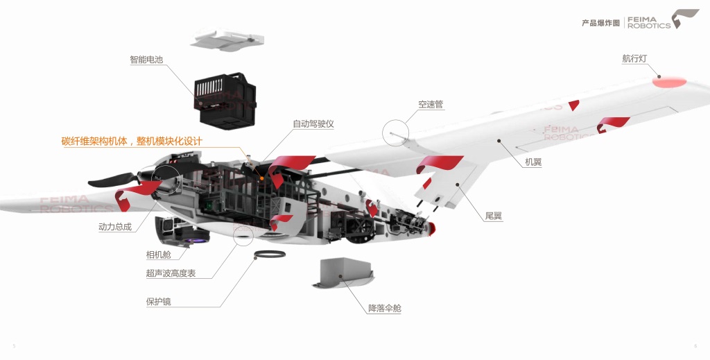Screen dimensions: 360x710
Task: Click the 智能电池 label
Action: click(146, 60)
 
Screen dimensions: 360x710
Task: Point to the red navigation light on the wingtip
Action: click(668, 82)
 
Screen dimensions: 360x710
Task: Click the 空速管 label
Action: click(431, 105)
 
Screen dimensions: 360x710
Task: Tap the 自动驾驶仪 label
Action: click(313, 124)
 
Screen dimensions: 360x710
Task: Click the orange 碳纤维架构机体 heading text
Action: click(132, 142)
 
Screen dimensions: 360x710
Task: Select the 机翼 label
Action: click(533, 162)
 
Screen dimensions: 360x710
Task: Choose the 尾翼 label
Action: click(494, 216)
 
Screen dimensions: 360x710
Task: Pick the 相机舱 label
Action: click(158, 255)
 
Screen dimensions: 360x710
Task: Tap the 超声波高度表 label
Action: click(171, 273)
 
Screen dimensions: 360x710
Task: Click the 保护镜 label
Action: click(158, 302)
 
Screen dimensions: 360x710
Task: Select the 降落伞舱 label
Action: click(384, 308)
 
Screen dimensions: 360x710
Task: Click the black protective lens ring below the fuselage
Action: click(270, 255)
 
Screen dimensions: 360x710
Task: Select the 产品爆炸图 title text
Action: click(600, 23)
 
